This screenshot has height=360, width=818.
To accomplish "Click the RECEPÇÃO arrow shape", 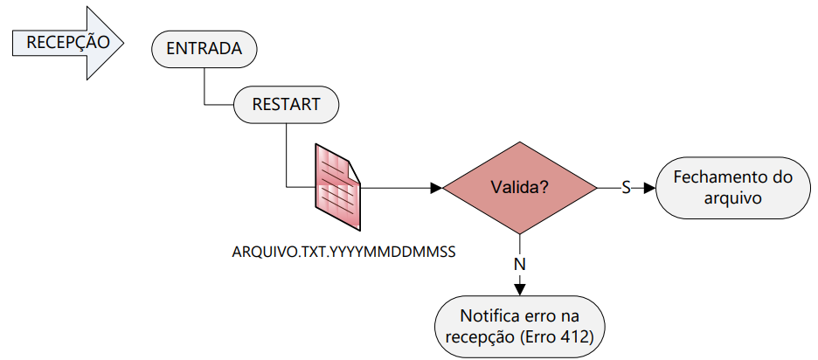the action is coord(68,42).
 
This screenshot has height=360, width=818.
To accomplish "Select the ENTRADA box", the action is coord(204,49).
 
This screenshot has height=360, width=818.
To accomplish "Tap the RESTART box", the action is coord(286,104).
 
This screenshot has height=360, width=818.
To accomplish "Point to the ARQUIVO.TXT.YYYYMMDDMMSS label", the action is coord(344,252).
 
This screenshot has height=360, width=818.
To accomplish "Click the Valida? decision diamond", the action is coord(520,187).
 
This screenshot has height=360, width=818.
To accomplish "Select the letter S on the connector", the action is coord(626,188).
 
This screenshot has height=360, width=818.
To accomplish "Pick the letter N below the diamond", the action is coord(520,265).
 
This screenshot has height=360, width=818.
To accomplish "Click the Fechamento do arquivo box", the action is coord(733,188).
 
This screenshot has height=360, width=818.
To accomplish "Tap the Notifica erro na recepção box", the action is coord(520,327).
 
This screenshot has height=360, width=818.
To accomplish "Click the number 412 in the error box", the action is coord(576,337).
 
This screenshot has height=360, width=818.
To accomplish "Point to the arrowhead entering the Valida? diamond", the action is coord(436,187).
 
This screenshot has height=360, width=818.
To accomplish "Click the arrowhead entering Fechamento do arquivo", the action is coord(649,188).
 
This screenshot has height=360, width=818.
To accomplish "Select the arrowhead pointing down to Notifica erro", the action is coord(520,289).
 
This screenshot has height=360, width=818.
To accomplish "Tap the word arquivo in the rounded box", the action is coord(733,198).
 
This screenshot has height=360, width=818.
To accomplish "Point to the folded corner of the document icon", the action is coord(354,170).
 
